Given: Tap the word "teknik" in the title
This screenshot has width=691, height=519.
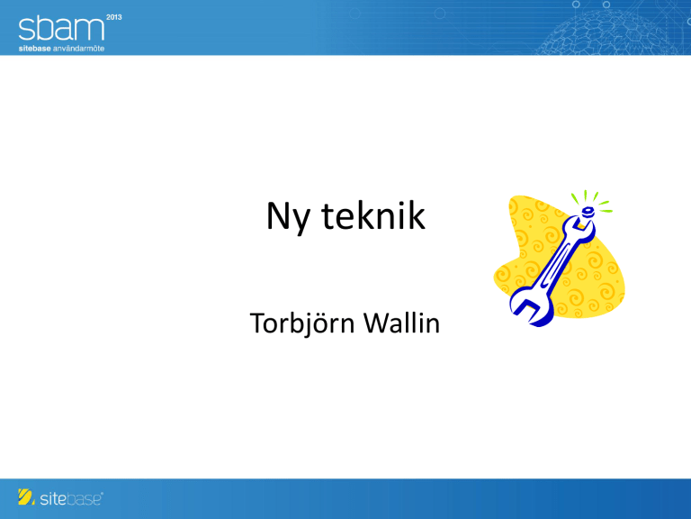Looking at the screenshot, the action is coord(373,215).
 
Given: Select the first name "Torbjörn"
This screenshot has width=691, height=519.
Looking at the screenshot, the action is coord(302,323).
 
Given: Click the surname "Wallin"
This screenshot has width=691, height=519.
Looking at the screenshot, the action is coord(401,323).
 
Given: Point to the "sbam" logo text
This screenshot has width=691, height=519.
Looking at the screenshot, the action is coord(61,28).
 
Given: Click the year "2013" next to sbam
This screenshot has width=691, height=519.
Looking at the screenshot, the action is coord(113,17).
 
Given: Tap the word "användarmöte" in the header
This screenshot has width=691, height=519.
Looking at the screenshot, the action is coord(78,49).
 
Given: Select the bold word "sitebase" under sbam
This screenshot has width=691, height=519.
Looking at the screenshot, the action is coord(34,49).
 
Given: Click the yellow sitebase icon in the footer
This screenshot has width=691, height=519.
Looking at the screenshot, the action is coord(26,497).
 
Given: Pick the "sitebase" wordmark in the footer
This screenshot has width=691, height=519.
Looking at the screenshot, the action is coord(71,498).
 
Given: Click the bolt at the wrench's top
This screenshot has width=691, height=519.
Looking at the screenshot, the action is coord(588,213).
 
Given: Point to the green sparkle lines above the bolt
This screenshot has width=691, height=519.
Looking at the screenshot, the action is coord(591,200).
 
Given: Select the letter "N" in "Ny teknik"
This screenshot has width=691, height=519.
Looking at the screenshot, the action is coord(278,215).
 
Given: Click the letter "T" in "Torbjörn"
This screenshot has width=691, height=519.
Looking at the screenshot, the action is coord(258,323).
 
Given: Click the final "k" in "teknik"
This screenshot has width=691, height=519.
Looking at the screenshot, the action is coord(417,215).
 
